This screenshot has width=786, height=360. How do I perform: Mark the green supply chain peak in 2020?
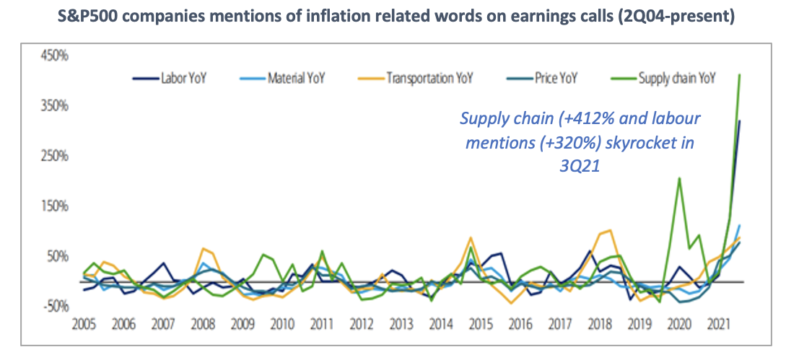coord(679,178)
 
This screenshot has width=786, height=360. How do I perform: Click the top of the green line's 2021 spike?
coord(740,74)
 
